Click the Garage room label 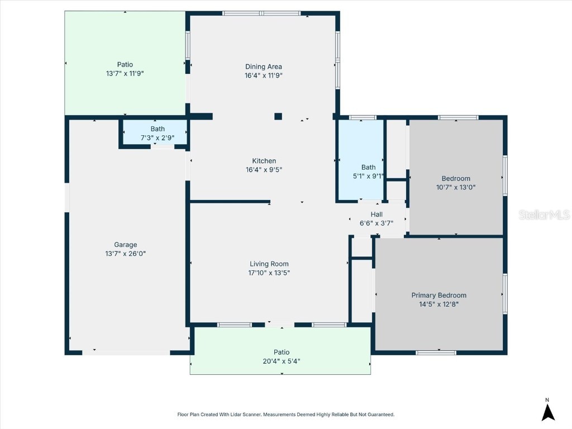[125, 245]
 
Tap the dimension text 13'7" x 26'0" [125, 254]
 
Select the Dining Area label [263, 67]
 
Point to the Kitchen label [264, 161]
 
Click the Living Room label [269, 264]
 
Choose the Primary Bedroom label [438, 295]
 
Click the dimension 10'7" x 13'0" [456, 188]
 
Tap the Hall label [376, 214]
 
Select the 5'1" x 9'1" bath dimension [369, 175]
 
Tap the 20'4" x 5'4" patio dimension [282, 361]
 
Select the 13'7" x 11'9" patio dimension [125, 73]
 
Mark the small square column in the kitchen [278, 116]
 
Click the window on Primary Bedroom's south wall [436, 352]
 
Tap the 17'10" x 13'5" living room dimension [269, 273]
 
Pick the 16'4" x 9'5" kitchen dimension [264, 170]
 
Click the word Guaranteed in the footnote [380, 414]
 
